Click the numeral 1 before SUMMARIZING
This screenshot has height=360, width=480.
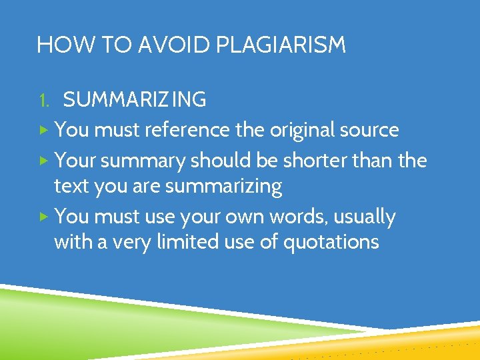[x=43, y=100]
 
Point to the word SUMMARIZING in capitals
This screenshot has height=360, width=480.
[x=134, y=100]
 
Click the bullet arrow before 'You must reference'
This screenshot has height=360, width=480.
[x=43, y=129]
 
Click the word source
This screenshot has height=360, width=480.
[x=370, y=129]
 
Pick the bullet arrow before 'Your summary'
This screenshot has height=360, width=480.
[x=43, y=160]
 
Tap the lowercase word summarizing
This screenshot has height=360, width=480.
[x=223, y=187]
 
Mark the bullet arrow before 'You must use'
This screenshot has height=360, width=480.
[x=43, y=217]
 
